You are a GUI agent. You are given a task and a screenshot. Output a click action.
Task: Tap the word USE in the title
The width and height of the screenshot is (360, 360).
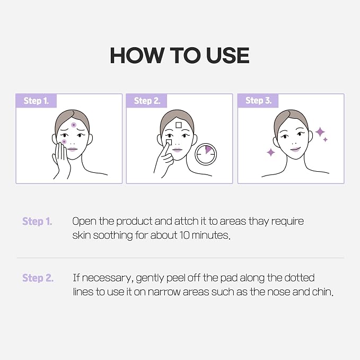(x=227, y=55)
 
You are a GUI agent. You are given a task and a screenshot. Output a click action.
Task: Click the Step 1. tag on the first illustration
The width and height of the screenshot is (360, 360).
(x=36, y=101)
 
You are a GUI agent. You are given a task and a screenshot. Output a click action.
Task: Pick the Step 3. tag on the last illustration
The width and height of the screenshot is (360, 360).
(x=259, y=101)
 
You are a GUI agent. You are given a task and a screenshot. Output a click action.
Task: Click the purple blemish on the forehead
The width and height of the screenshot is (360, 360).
(x=74, y=125)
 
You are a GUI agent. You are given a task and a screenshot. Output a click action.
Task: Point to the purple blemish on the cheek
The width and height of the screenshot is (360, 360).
(x=64, y=142)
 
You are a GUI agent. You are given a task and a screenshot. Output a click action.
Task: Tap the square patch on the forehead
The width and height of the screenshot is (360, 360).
(x=178, y=125)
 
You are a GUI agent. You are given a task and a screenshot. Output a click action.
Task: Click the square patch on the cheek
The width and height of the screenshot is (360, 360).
(x=169, y=142)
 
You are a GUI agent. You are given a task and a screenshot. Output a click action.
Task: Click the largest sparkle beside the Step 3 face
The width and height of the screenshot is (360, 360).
(x=320, y=132)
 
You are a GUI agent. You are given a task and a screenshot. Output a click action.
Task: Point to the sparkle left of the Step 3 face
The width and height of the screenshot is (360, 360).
(x=271, y=152)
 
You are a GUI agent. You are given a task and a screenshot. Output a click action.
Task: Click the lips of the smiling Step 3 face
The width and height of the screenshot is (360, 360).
(x=295, y=150)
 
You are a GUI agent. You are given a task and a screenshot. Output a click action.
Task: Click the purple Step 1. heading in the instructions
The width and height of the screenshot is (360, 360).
(x=37, y=221)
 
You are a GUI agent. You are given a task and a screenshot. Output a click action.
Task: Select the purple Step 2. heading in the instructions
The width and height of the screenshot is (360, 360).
(x=38, y=278)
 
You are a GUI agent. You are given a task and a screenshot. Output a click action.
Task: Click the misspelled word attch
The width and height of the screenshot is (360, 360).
(x=186, y=221)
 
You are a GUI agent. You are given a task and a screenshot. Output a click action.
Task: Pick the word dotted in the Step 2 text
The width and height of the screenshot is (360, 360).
(x=300, y=278)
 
